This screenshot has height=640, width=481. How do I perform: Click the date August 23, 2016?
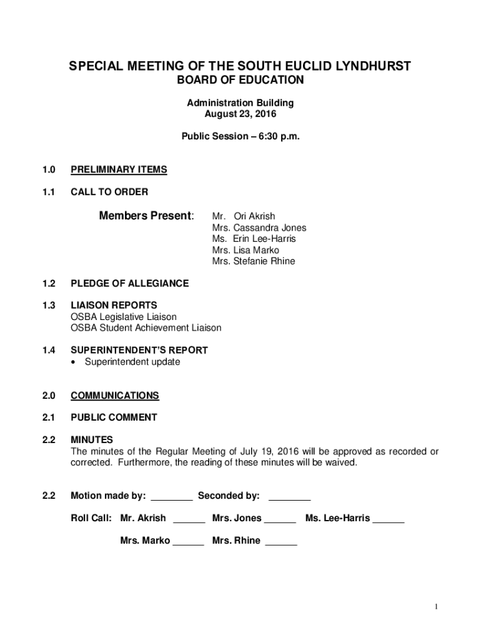(241, 114)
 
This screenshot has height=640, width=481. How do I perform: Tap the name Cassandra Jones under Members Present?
(270, 227)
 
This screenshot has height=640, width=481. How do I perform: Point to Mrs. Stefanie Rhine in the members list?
(254, 261)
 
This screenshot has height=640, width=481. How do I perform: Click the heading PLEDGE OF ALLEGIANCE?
(129, 284)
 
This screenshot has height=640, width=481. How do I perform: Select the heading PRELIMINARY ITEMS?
(119, 169)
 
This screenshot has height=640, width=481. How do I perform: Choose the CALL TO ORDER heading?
(109, 191)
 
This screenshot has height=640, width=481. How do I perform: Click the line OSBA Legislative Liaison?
(124, 317)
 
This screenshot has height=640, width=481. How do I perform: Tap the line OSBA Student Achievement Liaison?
(146, 328)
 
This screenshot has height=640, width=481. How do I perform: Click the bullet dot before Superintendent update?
(76, 362)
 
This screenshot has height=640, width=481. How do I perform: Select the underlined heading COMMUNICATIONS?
(115, 396)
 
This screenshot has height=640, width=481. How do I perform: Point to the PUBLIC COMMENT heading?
(114, 417)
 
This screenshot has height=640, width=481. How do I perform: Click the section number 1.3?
(49, 306)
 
